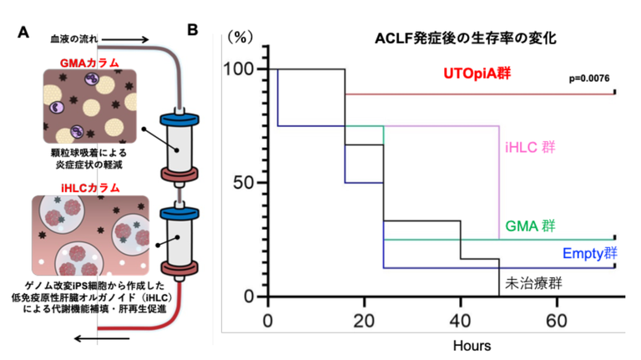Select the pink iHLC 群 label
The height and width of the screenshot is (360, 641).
point(531,147)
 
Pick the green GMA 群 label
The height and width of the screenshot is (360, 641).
point(532,226)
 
